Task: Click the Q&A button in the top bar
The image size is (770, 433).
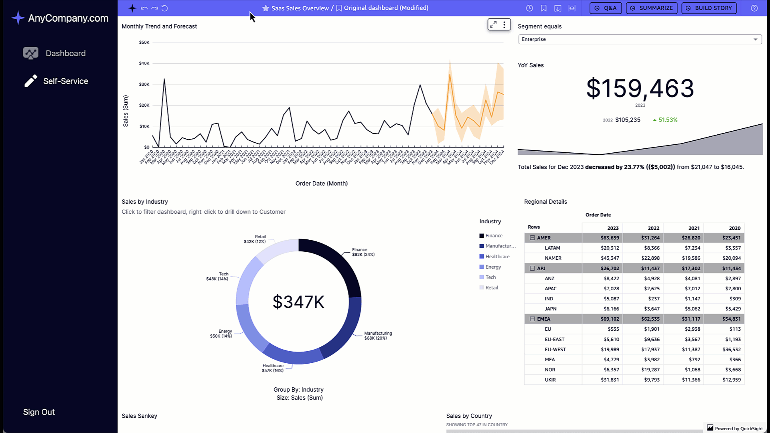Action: pos(606,8)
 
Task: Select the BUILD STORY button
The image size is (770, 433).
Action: pos(709,8)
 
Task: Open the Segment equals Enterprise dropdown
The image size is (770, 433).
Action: pos(640,39)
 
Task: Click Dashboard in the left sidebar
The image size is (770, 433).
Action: pos(65,53)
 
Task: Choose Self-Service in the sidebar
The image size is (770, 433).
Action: pos(65,81)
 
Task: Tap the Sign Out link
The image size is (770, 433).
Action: pos(39,412)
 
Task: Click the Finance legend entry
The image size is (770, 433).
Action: pos(494,236)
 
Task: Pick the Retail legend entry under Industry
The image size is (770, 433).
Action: pos(492,288)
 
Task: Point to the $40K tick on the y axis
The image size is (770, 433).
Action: pos(144,63)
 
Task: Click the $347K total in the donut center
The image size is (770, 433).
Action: pos(298,302)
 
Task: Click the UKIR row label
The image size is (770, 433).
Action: pos(550,380)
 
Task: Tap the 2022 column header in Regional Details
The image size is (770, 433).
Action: pos(653,228)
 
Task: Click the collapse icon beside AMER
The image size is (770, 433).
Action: pos(532,238)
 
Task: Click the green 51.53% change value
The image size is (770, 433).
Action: pos(667,120)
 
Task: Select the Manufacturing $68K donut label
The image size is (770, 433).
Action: pos(378,336)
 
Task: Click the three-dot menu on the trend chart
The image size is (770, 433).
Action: pos(504,24)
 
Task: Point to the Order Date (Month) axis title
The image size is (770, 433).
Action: pos(321,184)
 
